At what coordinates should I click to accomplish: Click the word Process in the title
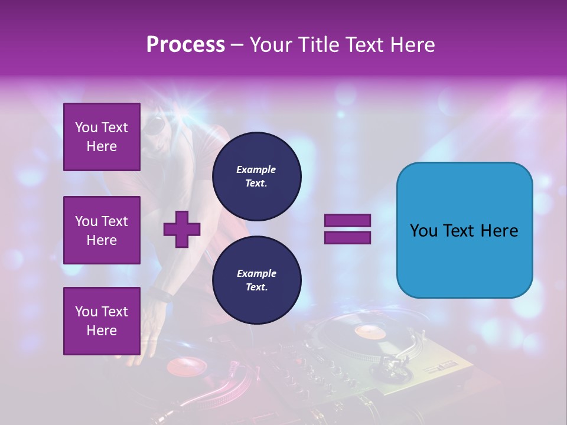185,45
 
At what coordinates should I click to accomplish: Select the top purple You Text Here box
102,137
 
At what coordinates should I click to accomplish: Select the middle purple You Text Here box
102,230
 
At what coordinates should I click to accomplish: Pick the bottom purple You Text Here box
102,321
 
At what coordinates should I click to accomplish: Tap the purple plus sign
182,229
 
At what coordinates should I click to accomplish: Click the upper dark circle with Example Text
256,176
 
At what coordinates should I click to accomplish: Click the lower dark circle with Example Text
256,280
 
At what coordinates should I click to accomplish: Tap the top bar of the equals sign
347,220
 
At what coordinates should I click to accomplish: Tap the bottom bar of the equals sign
347,237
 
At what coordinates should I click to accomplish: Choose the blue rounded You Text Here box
464,230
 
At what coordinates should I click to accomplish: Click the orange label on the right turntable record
370,332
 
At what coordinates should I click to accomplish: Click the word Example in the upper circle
256,169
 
